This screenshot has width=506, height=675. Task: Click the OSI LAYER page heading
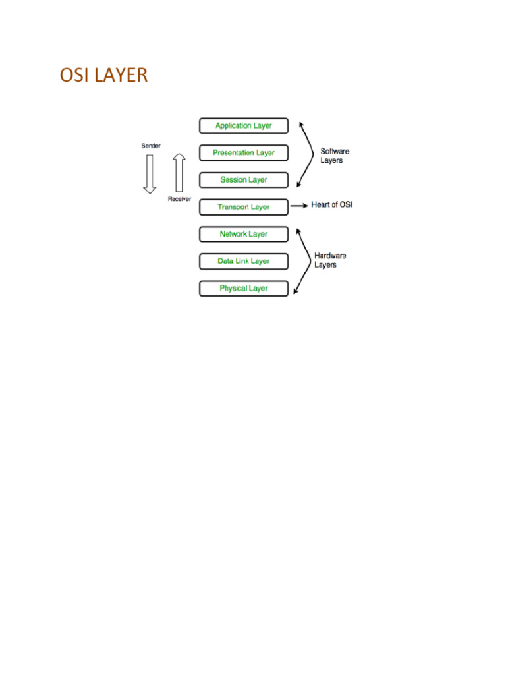click(103, 75)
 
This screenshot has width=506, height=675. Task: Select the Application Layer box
click(243, 125)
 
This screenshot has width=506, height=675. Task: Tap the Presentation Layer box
click(243, 152)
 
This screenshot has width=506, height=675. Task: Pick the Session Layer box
click(243, 179)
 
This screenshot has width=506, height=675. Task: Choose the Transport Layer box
click(243, 207)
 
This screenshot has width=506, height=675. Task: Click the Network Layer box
click(243, 234)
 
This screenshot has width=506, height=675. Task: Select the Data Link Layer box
click(243, 261)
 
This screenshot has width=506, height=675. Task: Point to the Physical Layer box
click(243, 288)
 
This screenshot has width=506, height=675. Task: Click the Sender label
click(151, 145)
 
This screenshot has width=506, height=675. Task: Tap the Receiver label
click(179, 198)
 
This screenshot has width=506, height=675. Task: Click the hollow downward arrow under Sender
click(150, 173)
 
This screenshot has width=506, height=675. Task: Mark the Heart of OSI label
click(331, 205)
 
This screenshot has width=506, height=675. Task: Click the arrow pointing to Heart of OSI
click(300, 206)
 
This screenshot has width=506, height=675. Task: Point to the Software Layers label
click(335, 156)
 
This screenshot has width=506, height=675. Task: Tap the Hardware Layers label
click(329, 260)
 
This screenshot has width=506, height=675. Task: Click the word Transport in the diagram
click(233, 207)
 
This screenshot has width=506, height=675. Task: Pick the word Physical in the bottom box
click(233, 288)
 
